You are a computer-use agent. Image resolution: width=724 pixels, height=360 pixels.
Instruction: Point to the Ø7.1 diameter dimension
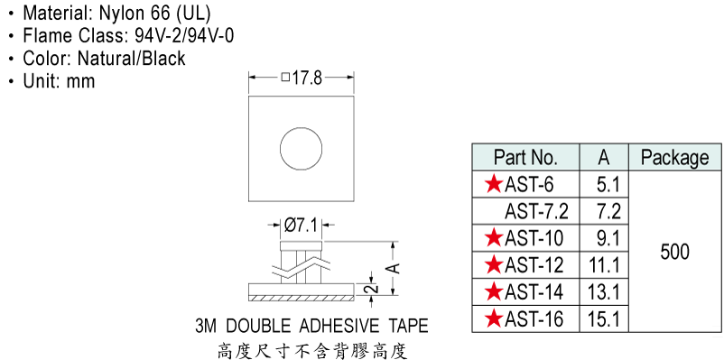point(301,226)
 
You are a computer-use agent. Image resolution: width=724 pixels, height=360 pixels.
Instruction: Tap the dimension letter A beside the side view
point(394,268)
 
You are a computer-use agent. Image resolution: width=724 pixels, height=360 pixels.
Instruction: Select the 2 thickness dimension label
point(374,289)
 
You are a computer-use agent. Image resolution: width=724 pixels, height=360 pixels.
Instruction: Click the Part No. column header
point(525,157)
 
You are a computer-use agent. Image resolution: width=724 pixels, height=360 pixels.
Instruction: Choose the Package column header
point(674,158)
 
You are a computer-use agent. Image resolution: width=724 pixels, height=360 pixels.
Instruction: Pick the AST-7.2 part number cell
point(536,211)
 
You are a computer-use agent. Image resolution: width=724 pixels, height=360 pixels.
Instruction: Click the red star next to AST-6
point(494,185)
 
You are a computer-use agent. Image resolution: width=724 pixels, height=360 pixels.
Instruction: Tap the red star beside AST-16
point(494,318)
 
